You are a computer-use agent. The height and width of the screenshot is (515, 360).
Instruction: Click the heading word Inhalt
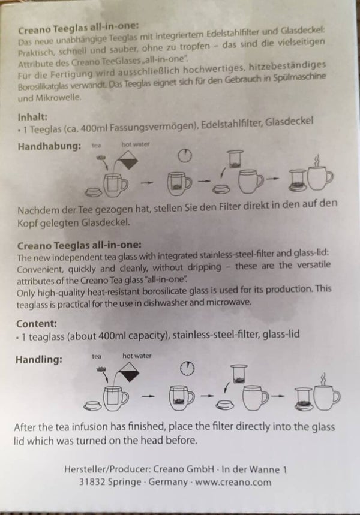[32, 117]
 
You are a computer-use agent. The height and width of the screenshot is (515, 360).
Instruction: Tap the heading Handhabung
[49, 146]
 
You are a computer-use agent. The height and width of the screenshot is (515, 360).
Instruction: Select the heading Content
[37, 324]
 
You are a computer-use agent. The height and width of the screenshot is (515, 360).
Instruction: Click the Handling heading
[39, 359]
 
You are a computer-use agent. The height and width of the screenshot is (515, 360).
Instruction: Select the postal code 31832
[92, 482]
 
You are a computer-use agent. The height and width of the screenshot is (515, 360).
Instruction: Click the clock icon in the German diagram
[185, 155]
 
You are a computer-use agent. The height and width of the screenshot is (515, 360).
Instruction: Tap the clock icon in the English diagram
[187, 368]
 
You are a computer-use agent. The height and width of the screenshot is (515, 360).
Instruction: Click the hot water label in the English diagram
[137, 356]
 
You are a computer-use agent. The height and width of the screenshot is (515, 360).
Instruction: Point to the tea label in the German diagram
[96, 146]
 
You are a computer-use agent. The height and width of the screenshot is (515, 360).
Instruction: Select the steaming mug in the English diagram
[326, 394]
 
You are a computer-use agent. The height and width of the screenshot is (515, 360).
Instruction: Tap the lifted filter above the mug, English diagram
[239, 374]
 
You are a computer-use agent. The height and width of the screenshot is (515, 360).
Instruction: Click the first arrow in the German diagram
[146, 183]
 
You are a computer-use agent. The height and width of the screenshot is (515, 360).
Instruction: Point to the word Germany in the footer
[168, 482]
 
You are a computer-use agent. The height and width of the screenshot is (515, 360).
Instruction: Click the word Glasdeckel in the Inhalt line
[289, 122]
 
